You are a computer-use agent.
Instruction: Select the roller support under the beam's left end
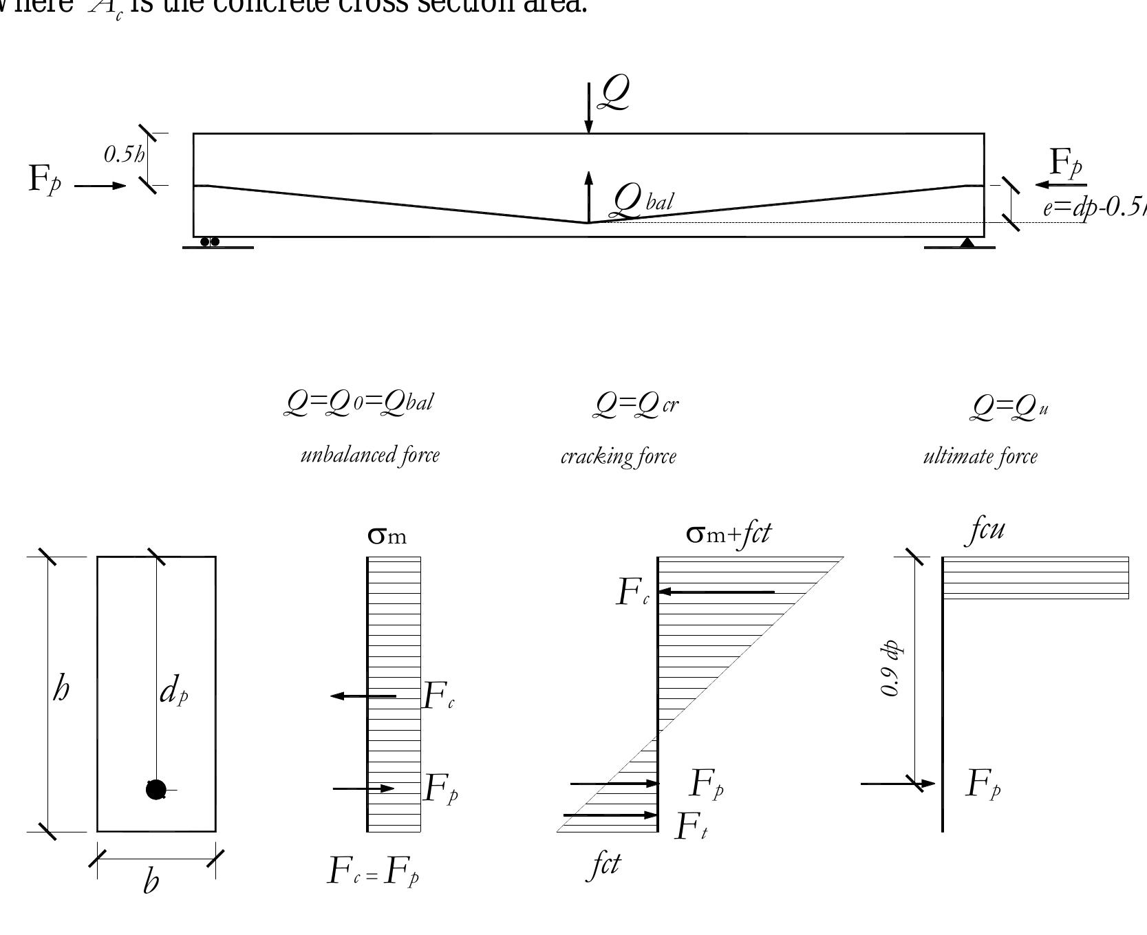(210, 242)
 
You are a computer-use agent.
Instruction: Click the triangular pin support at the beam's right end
(967, 242)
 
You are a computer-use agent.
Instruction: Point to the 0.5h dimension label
(124, 155)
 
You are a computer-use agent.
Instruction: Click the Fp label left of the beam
(45, 180)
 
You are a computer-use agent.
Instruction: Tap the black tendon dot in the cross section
(156, 790)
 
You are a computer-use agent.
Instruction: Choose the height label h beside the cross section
(61, 689)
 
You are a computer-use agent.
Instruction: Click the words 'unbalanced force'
(369, 455)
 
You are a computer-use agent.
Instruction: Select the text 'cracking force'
(618, 457)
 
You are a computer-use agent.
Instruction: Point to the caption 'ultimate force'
(980, 456)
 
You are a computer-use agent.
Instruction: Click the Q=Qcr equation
(636, 405)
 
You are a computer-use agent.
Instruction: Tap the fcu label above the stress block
(987, 529)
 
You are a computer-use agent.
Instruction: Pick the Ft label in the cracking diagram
(691, 827)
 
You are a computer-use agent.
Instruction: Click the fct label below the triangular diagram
(604, 865)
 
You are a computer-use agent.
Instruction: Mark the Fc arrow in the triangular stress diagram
(716, 592)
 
